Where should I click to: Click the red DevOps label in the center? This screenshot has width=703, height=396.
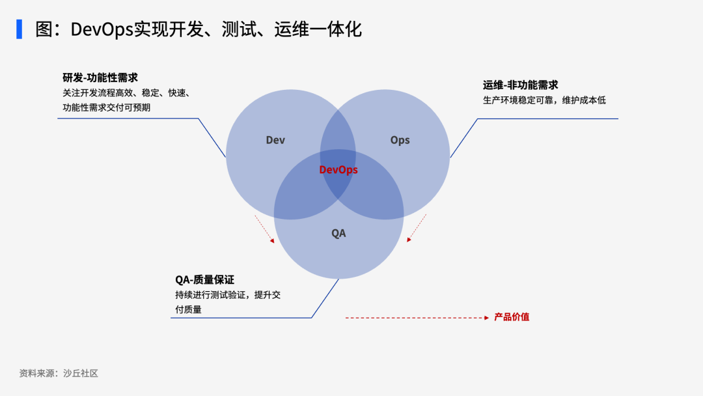[x=338, y=169]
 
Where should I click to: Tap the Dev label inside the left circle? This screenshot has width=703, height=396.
[x=275, y=140]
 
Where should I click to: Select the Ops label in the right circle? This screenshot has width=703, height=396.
[x=400, y=140]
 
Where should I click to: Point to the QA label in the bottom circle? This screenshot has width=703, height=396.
[x=338, y=233]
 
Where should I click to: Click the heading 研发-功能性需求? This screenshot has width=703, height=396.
[x=100, y=78]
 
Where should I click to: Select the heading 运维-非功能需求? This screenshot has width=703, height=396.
[x=521, y=85]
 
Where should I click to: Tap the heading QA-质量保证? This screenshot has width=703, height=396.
[x=205, y=280]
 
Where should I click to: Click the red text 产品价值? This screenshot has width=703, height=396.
[x=512, y=317]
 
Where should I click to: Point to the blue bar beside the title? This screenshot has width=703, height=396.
[x=20, y=29]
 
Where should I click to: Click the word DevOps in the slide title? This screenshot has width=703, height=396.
[x=102, y=29]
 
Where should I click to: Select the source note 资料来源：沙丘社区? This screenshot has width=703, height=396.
[x=59, y=373]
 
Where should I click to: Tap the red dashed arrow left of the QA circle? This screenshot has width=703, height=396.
[x=264, y=229]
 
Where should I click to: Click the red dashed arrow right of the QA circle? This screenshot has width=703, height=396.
[x=417, y=228]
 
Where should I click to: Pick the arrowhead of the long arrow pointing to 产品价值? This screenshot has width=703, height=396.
[x=487, y=318]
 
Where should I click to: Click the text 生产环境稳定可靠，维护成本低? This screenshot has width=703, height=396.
[x=544, y=100]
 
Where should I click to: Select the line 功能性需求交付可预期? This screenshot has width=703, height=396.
[x=106, y=107]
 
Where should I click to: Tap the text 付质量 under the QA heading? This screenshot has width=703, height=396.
[x=188, y=309]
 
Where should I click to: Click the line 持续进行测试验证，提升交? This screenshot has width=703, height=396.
[x=228, y=294]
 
